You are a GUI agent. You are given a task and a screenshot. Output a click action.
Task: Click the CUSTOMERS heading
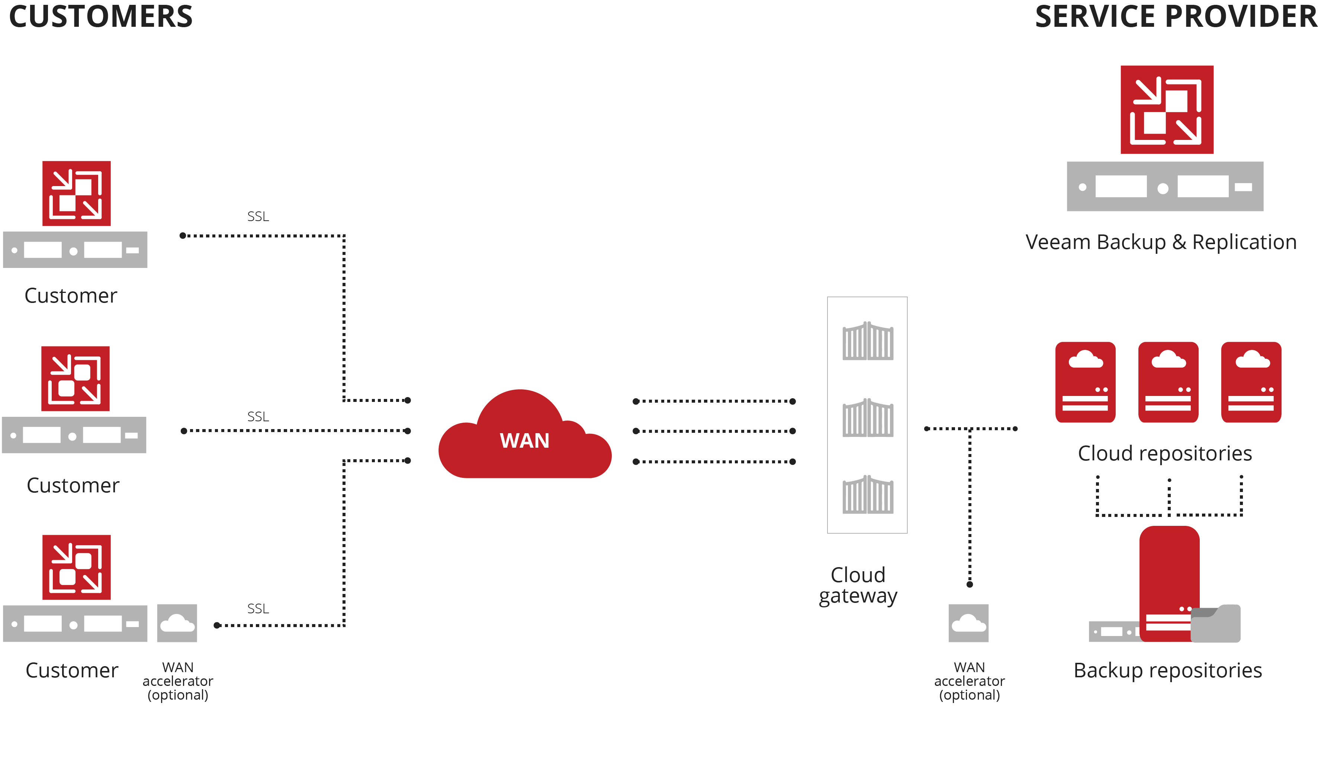(x=101, y=17)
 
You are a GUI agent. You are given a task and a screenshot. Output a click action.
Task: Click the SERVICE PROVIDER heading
(x=1176, y=17)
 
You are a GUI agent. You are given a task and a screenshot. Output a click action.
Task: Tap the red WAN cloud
(x=524, y=440)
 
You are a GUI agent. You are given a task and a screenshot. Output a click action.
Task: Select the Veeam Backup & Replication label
(x=1161, y=242)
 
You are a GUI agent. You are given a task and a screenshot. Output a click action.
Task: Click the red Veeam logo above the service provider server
(x=1167, y=109)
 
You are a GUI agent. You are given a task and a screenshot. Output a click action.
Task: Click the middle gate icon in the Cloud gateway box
(x=868, y=418)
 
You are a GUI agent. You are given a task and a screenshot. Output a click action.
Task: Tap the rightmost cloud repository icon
(x=1251, y=382)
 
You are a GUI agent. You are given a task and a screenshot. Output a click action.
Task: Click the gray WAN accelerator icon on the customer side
(x=177, y=623)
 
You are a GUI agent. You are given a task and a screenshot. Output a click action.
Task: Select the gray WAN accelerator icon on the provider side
(x=969, y=623)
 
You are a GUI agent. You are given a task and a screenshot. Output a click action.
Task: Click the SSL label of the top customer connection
(x=258, y=217)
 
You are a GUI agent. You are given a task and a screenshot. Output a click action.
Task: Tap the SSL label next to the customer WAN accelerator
(x=258, y=609)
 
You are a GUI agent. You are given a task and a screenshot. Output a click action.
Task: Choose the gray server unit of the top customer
(x=75, y=250)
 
